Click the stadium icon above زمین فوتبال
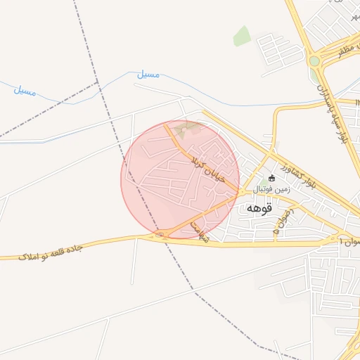click(x=272, y=178)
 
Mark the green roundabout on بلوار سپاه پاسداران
click(x=314, y=61)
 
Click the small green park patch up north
click(x=242, y=36)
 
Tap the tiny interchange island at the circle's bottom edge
click(x=161, y=235)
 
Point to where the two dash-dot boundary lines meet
click(x=97, y=83)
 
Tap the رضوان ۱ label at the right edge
click(x=349, y=241)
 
